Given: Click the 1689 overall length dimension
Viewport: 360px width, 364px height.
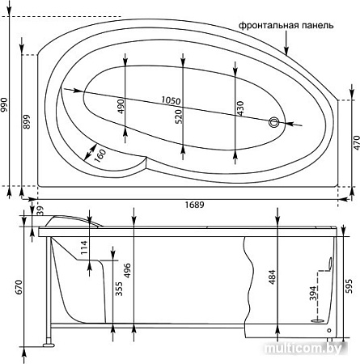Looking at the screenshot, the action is (x=194, y=205).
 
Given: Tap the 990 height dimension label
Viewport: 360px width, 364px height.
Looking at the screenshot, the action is (x=5, y=105).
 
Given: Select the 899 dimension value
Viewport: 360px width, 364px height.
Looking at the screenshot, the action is (x=27, y=122).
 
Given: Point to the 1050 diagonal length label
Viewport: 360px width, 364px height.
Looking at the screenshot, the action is (x=171, y=101).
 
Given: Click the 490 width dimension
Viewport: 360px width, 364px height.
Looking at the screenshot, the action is (x=121, y=106).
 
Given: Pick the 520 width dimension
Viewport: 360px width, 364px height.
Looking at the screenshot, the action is (x=179, y=116).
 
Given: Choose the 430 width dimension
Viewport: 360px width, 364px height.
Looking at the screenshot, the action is (x=239, y=108).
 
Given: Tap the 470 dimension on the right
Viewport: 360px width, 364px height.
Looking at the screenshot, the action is (x=356, y=143).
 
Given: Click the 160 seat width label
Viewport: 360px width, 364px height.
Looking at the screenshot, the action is (x=100, y=156).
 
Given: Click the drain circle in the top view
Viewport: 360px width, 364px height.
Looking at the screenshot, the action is (x=274, y=122).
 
